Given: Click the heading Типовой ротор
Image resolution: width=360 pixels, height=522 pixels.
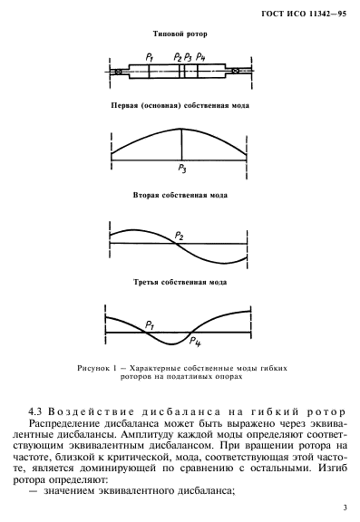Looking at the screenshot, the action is (x=180, y=34).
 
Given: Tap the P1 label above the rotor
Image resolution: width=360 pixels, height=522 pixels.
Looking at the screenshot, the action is (x=148, y=57).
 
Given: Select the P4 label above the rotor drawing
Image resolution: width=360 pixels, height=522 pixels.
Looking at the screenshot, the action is (x=200, y=57).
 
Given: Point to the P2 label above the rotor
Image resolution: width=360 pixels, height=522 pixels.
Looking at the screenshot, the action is (x=178, y=57).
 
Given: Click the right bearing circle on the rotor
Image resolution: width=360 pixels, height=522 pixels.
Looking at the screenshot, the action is (x=236, y=71).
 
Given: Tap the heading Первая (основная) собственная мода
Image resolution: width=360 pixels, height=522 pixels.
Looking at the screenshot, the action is (x=180, y=106).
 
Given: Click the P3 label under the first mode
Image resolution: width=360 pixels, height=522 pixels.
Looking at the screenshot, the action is (x=181, y=169).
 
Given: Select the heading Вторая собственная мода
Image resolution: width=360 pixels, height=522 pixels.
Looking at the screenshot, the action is (x=180, y=195).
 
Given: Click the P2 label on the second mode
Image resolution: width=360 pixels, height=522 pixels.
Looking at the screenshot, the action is (x=180, y=237).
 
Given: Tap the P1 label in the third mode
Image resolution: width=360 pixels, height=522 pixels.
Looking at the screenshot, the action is (x=149, y=323).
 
